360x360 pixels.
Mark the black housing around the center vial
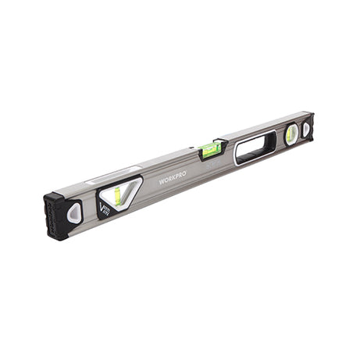tap(212, 153)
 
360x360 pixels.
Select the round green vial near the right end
tap(291, 134)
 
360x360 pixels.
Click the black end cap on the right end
tap(308, 127)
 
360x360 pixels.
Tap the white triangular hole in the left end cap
tap(74, 212)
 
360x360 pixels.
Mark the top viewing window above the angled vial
tap(113, 175)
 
